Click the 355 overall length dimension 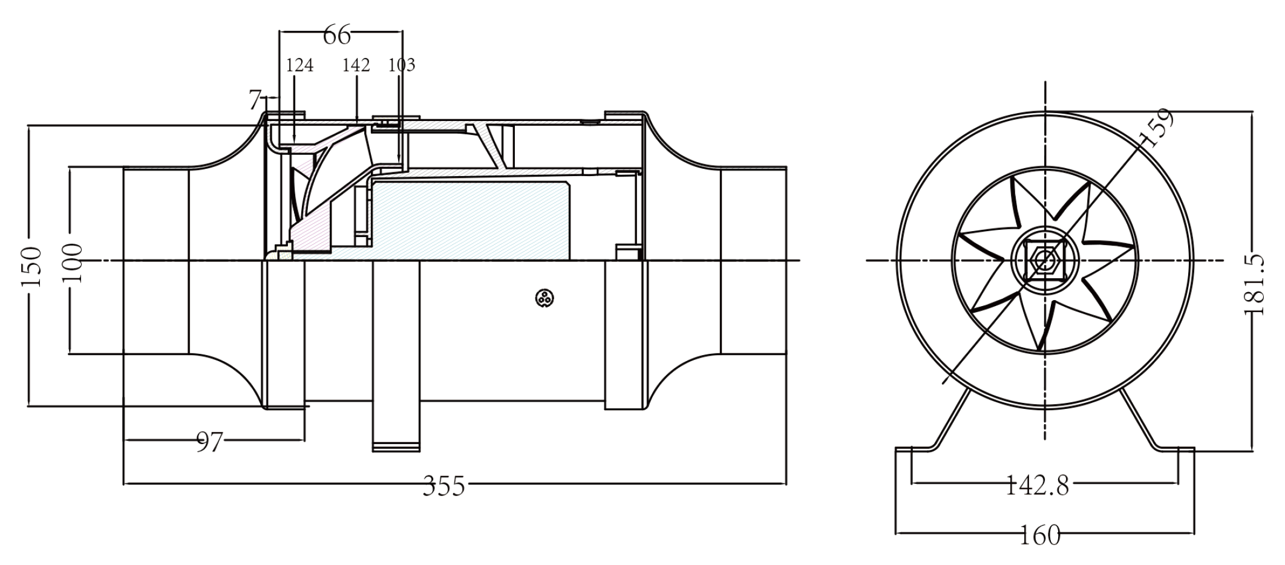(x=444, y=485)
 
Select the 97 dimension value (x=209, y=442)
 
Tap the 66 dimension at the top (x=336, y=35)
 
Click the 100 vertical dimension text (x=73, y=262)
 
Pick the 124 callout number (x=299, y=65)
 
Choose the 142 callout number (x=356, y=65)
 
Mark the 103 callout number (x=402, y=65)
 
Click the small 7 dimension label (x=255, y=100)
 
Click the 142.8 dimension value (x=1037, y=485)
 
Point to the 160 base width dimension (x=1041, y=535)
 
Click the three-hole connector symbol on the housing (x=545, y=298)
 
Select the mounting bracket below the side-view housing (x=396, y=356)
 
